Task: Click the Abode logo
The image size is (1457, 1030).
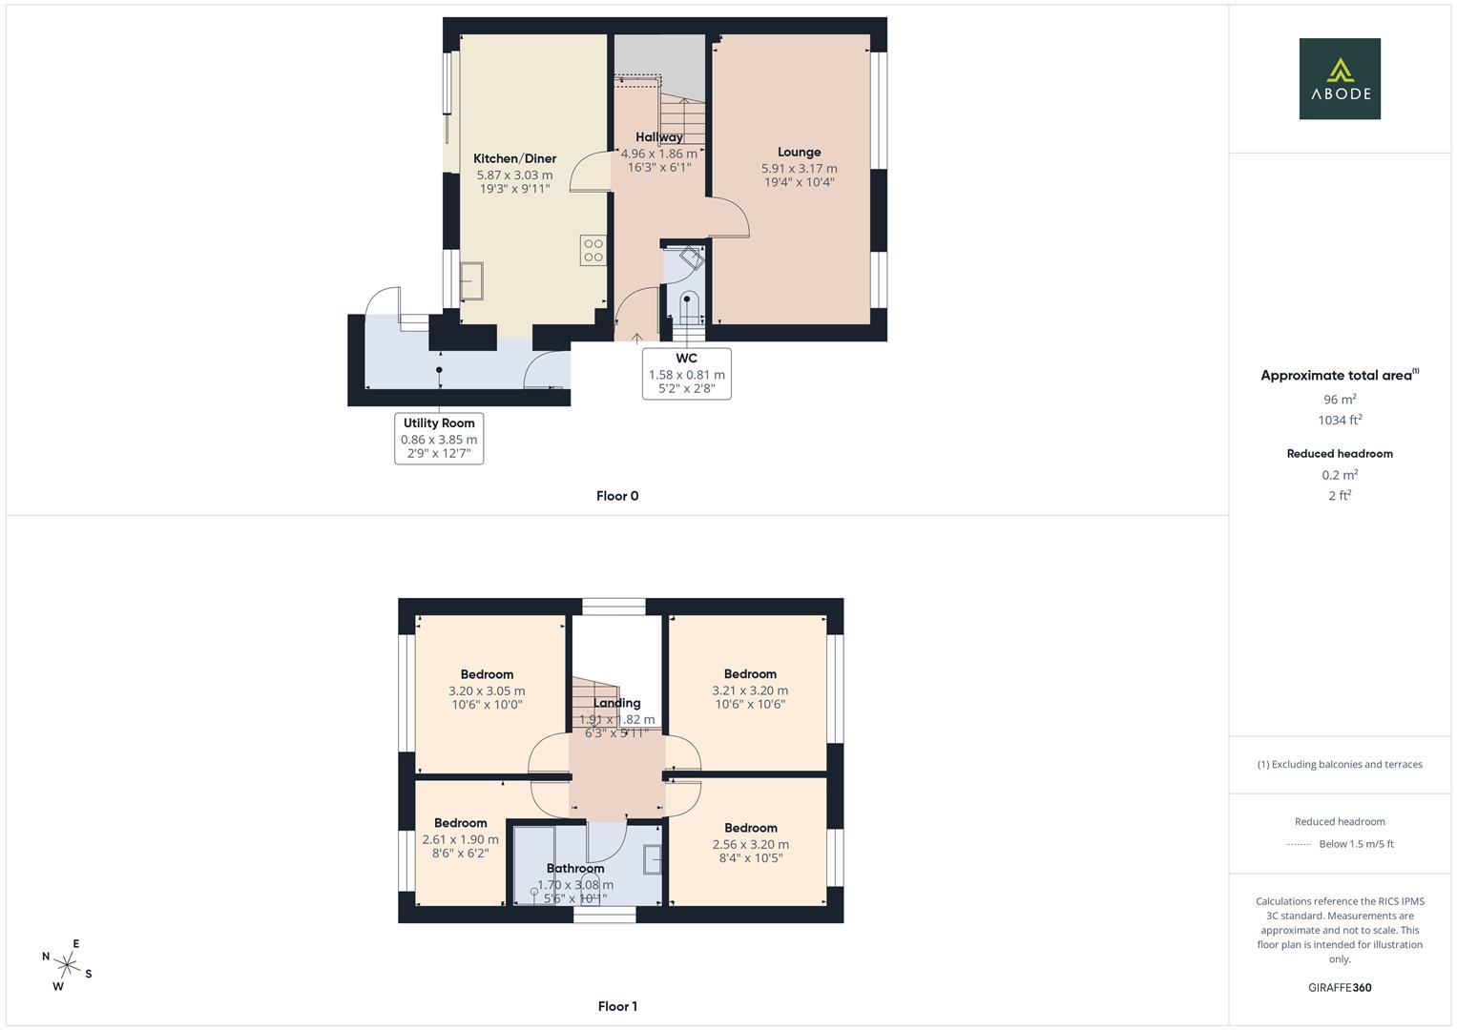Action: click(x=1339, y=79)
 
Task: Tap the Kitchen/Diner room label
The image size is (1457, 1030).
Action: click(x=514, y=159)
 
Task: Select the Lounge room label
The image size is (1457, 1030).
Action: click(x=799, y=153)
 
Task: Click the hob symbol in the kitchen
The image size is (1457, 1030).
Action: click(x=593, y=250)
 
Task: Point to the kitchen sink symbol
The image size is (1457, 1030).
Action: click(x=472, y=283)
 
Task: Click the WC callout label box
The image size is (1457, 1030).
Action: click(x=686, y=373)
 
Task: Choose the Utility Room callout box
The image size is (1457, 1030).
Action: click(x=439, y=438)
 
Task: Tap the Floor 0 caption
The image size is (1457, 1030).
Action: click(x=617, y=496)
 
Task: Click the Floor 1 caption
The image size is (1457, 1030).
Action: click(x=617, y=1006)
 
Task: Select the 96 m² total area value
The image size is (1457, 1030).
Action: click(x=1340, y=400)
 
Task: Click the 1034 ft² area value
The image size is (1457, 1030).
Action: click(x=1340, y=420)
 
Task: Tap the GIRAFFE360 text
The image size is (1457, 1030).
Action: click(x=1340, y=988)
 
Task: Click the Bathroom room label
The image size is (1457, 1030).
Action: click(x=575, y=869)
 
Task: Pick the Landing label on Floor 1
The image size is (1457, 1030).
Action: click(x=617, y=704)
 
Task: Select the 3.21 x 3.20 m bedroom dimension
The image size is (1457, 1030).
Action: click(x=750, y=690)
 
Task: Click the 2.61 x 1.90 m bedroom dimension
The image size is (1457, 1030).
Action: click(x=460, y=840)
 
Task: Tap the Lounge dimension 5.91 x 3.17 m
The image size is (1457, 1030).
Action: click(x=799, y=169)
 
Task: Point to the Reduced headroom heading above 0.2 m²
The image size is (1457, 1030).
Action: click(x=1340, y=454)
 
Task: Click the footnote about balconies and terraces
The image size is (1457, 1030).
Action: click(x=1340, y=764)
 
